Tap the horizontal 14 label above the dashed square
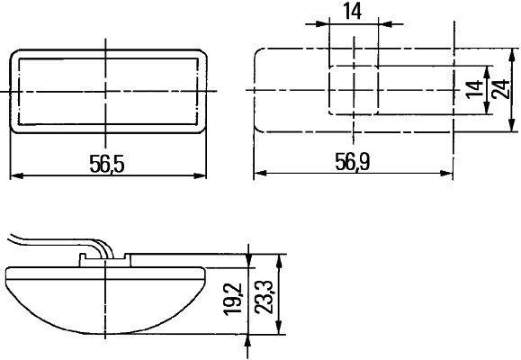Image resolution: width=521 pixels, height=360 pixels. pyautogui.click(x=354, y=13)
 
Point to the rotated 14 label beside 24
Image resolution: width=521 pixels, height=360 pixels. pyautogui.click(x=474, y=92)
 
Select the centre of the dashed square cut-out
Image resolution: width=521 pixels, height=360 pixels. pyautogui.click(x=354, y=91)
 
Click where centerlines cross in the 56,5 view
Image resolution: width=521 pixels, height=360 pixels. pyautogui.click(x=106, y=92)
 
